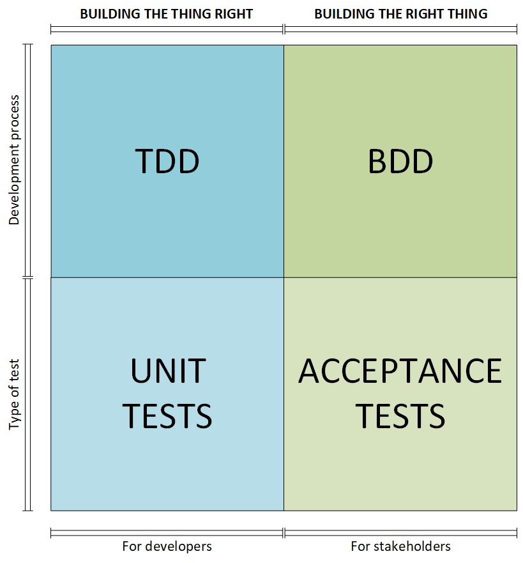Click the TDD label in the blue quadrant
167,161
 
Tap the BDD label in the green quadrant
400,161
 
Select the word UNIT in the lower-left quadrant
168,371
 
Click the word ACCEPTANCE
400,371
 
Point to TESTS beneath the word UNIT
167,416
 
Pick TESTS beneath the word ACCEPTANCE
400,416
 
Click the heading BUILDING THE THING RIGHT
167,14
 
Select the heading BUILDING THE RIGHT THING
401,14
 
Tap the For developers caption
167,546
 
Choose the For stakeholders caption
400,546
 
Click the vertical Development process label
14,160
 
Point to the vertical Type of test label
14,394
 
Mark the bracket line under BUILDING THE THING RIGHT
167,29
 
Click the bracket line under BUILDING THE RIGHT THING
400,29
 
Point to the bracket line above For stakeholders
400,533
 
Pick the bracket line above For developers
167,533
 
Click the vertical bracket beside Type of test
28,394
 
